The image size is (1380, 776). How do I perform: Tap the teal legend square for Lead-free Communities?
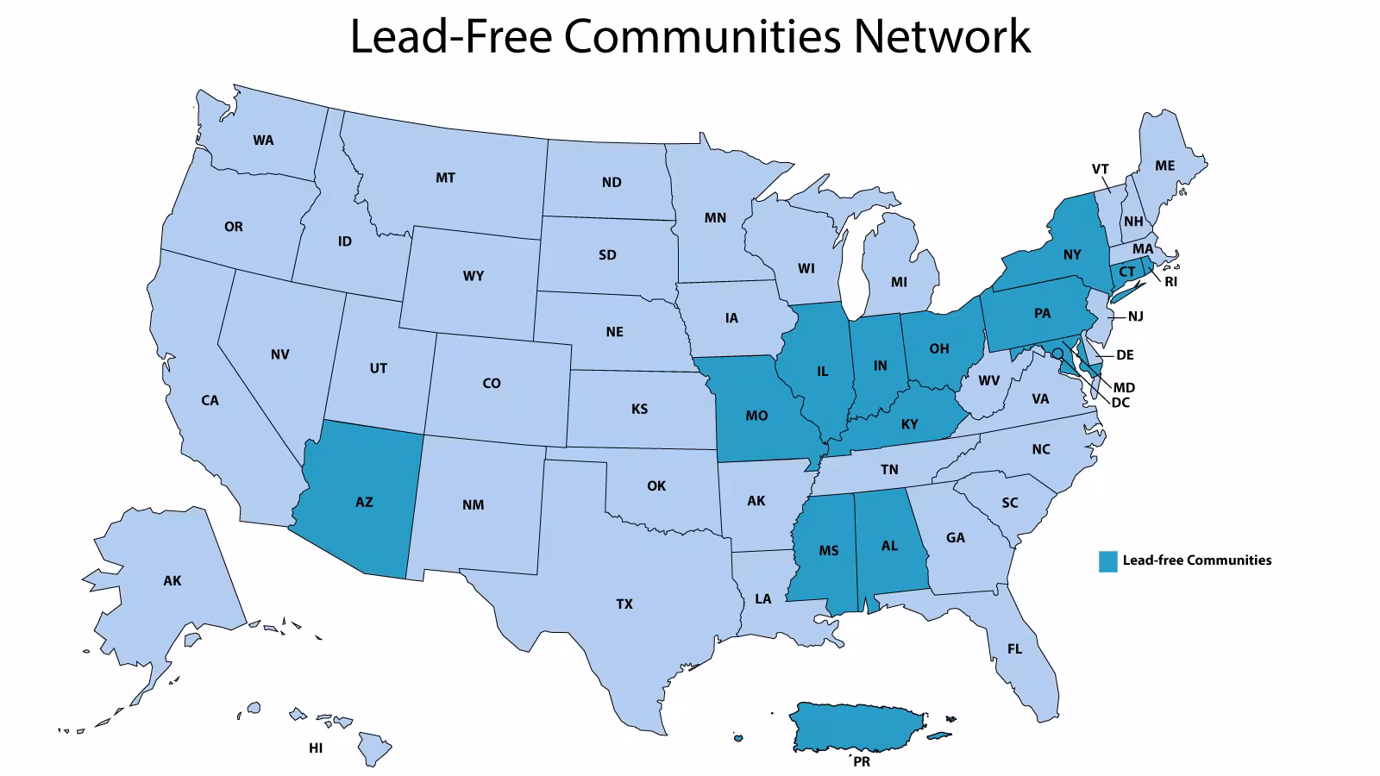[1107, 561]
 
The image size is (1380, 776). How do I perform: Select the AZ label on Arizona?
[364, 502]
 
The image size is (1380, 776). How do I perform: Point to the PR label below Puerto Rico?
[861, 762]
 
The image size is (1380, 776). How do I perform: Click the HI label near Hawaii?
[316, 748]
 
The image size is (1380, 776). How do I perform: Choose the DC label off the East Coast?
[1120, 403]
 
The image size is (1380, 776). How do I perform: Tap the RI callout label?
[1170, 282]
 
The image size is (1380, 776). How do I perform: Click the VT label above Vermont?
[1100, 169]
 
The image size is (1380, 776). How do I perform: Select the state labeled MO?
[756, 416]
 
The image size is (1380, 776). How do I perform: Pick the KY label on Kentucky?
[909, 424]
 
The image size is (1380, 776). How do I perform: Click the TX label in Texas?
[624, 604]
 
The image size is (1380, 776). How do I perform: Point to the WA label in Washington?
[263, 141]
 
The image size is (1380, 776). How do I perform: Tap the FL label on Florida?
[1014, 649]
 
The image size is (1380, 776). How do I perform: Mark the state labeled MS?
[828, 551]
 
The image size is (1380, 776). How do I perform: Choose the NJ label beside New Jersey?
[1136, 316]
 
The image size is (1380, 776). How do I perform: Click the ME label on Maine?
[1164, 166]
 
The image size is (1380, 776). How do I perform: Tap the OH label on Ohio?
[939, 349]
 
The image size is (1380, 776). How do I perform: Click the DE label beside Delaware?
[1125, 355]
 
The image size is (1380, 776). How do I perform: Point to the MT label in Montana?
[445, 178]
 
